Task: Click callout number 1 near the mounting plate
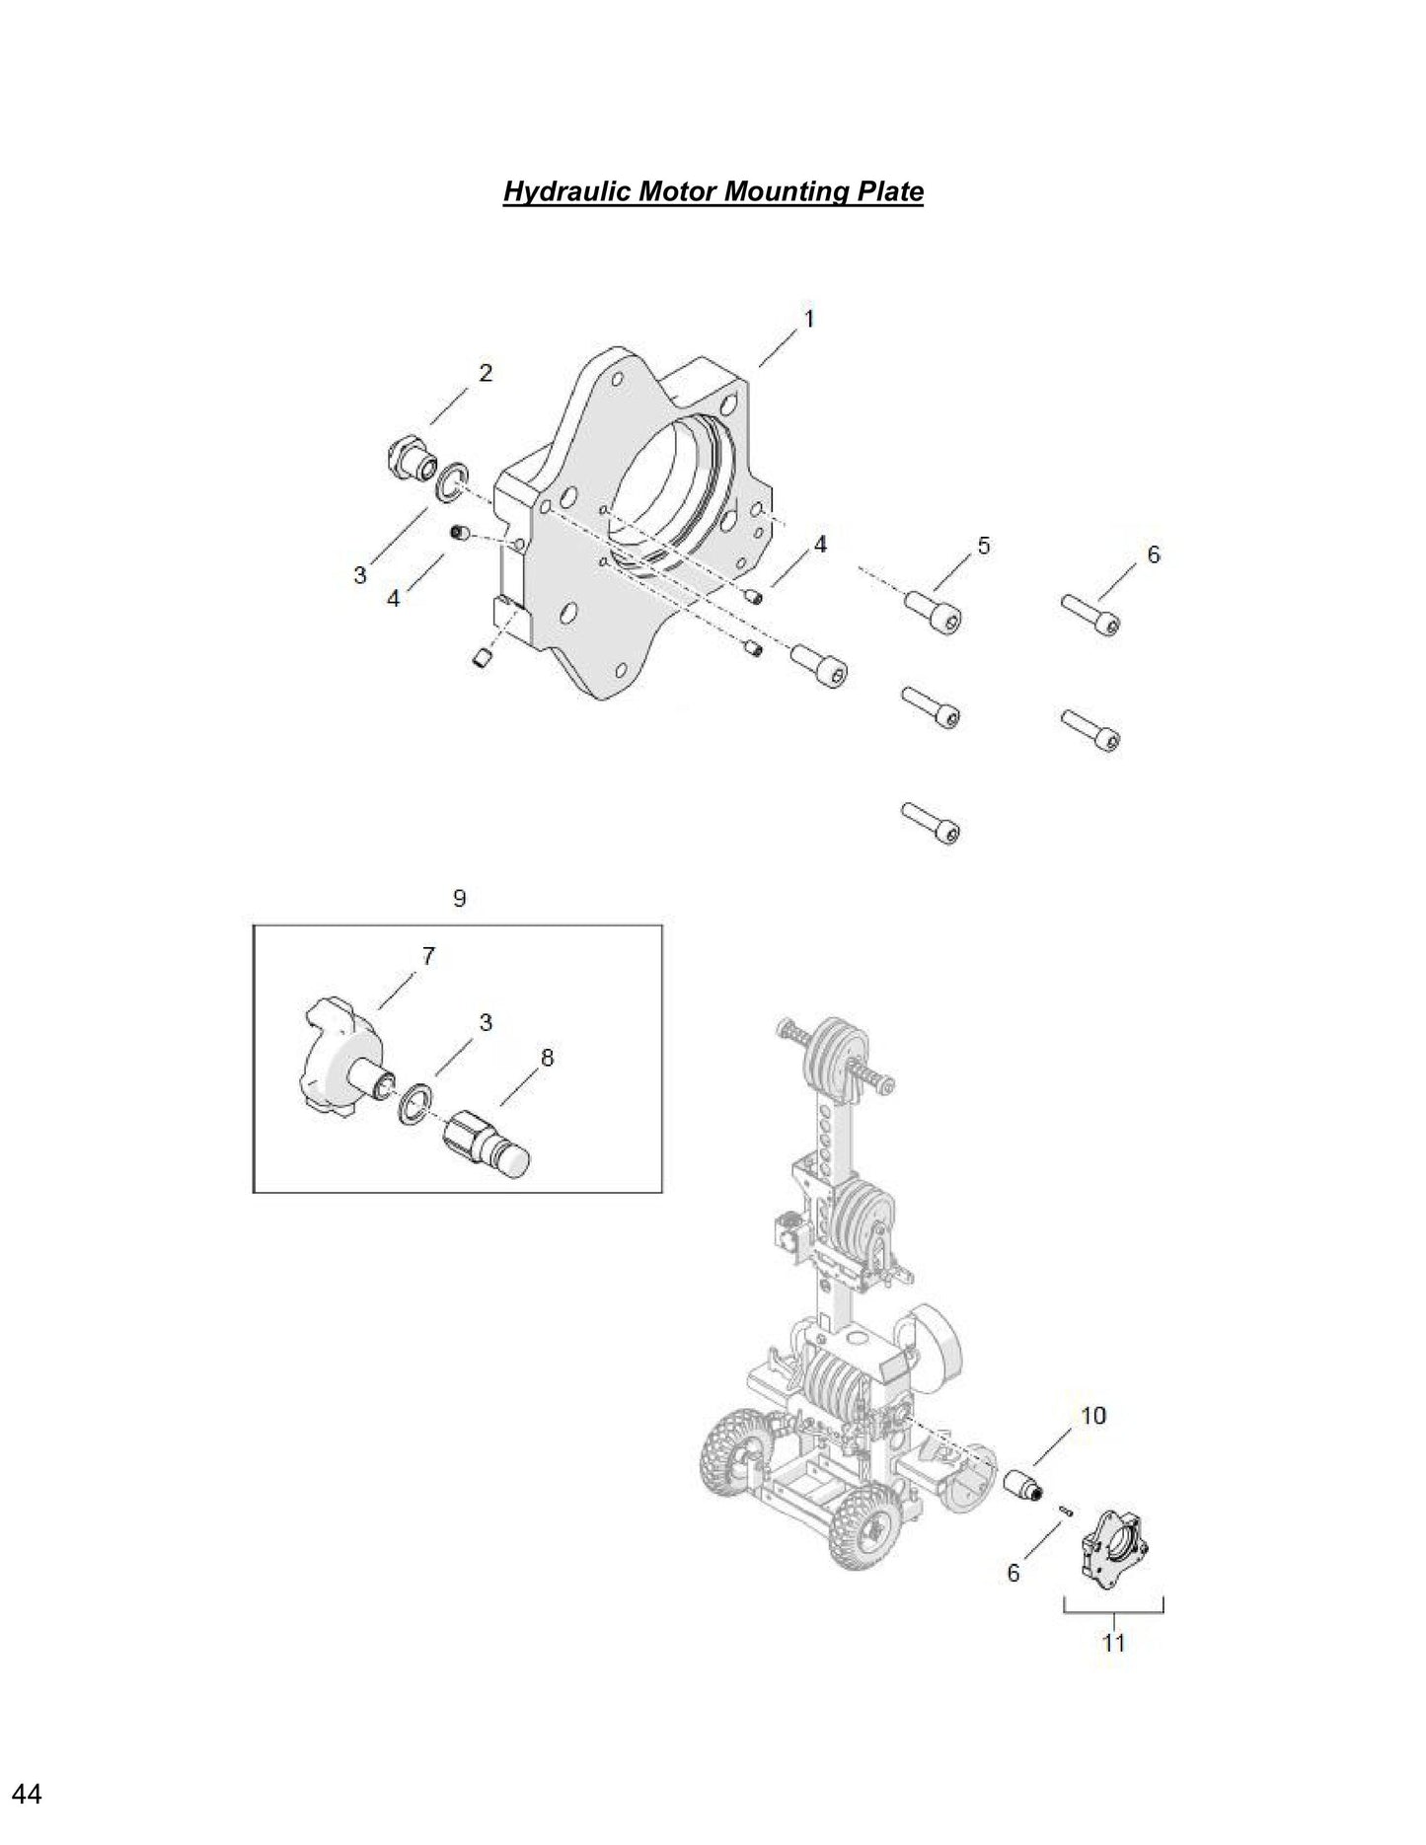click(808, 320)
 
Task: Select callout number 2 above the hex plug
click(485, 373)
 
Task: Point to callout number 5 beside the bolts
click(983, 546)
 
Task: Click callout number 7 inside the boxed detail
click(427, 955)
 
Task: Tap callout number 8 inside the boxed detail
click(547, 1058)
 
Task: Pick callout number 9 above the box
click(459, 898)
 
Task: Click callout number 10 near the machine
click(1092, 1415)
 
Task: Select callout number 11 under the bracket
click(1113, 1642)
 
